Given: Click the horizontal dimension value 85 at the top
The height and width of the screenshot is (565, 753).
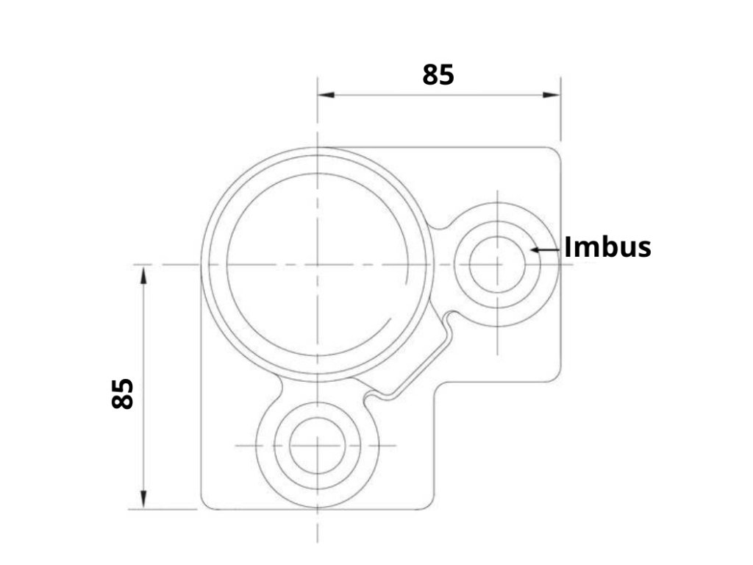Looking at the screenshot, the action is tap(438, 75).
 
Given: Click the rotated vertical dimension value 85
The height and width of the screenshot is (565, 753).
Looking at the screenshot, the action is tap(122, 394).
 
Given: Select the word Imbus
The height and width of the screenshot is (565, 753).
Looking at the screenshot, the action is tap(607, 247).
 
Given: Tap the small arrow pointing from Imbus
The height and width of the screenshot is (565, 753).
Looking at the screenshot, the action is tap(546, 250).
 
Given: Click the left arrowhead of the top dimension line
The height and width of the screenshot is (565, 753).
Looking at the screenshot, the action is tap(326, 95).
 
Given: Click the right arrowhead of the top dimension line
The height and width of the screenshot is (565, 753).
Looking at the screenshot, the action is tap(552, 95).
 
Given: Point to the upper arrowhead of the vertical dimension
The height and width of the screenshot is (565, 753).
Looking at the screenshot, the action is tap(143, 274).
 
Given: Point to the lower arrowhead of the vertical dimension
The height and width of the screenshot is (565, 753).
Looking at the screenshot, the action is tap(143, 500).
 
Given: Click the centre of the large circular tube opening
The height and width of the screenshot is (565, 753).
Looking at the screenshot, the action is tap(318, 264).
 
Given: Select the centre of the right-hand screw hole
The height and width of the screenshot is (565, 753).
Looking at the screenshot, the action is tap(498, 264).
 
